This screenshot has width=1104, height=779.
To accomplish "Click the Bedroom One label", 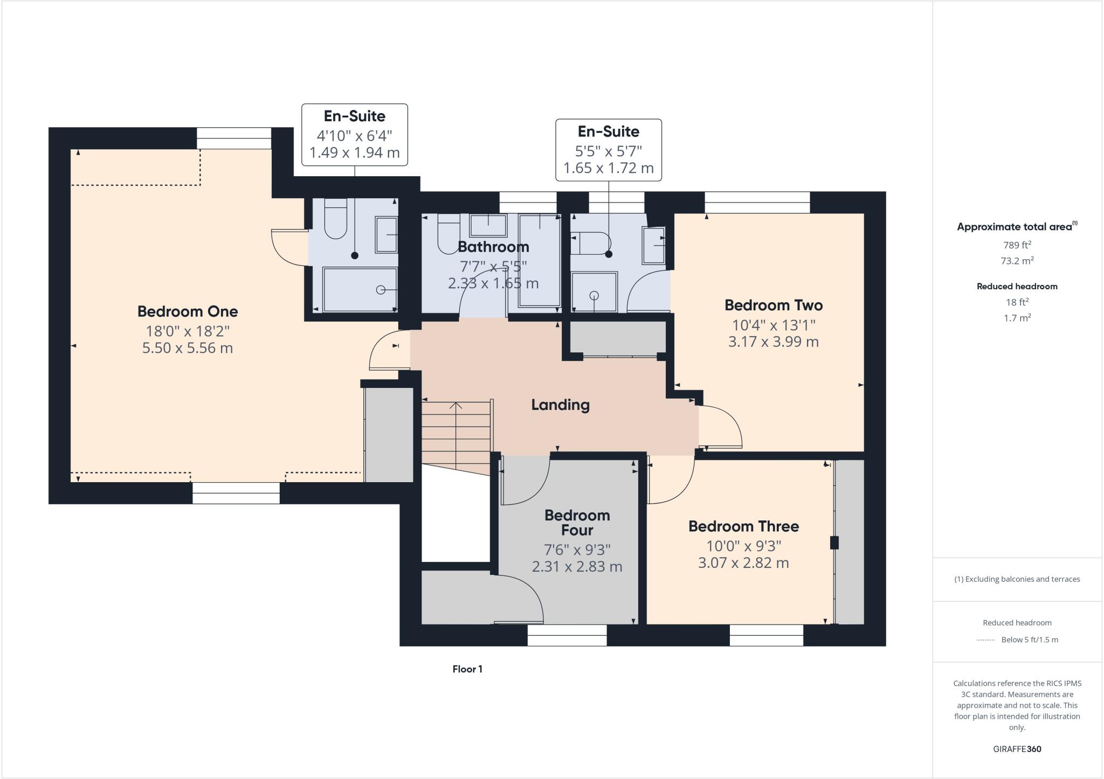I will pos(187,311).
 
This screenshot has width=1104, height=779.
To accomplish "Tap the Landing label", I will pos(560,405).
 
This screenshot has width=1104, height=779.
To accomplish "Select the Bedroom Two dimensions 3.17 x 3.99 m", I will pos(773,342).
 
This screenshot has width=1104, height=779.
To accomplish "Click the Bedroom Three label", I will pos(743,526).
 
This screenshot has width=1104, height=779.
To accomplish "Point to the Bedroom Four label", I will pos(577,523).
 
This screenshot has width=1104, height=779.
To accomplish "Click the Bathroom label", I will pos(493,247).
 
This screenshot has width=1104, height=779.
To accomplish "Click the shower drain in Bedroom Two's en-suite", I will pos(594,295).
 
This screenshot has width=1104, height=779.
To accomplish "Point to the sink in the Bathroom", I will pos(488,225).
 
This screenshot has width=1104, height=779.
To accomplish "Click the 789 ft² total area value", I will pos(1017,245).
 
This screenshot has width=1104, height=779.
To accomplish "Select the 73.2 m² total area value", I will pos(1017,261).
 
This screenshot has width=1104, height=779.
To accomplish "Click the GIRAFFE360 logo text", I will pos(1017,749).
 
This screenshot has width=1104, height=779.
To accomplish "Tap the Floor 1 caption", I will pos(467,669).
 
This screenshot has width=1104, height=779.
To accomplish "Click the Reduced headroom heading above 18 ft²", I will pos(1017,287).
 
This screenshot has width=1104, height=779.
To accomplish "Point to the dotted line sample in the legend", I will pos(985,640).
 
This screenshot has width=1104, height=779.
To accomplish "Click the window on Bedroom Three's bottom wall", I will pos(766,636).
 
